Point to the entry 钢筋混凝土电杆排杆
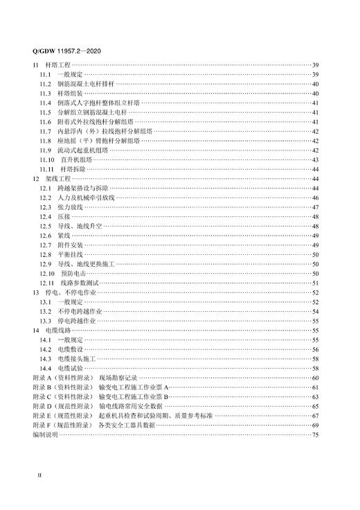tap(86, 84)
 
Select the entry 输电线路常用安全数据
tap(131, 406)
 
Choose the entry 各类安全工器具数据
tap(128, 425)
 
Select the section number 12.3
tap(45, 206)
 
